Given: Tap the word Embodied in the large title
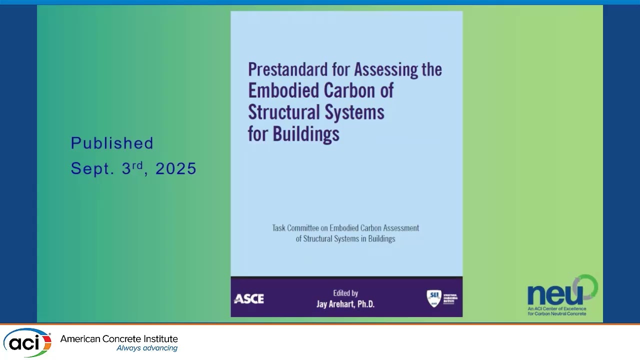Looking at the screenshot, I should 283,90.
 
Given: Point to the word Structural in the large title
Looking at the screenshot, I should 283,112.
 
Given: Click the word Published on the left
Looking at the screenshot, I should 112,143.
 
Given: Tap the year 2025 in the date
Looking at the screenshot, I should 176,169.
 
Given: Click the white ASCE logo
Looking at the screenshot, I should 249,299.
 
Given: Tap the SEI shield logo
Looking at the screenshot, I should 433,298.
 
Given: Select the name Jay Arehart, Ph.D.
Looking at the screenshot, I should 345,304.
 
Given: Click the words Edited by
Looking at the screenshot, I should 345,293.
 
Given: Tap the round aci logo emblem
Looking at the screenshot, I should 27,343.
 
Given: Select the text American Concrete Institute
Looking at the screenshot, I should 119,339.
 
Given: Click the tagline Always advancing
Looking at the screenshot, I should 147,348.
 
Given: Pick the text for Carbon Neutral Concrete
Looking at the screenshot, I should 557,313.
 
